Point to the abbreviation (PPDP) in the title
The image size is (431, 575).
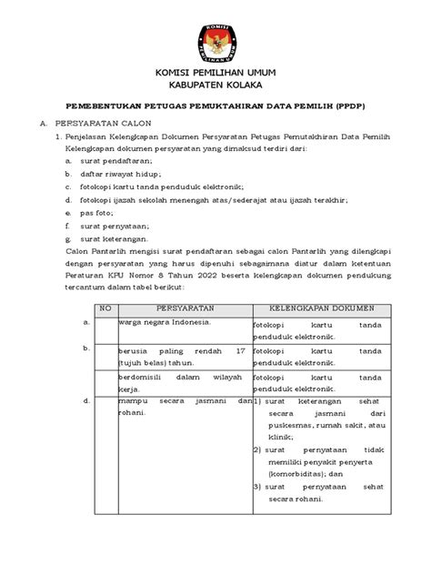tap(347, 106)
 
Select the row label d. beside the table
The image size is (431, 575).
tap(85, 400)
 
